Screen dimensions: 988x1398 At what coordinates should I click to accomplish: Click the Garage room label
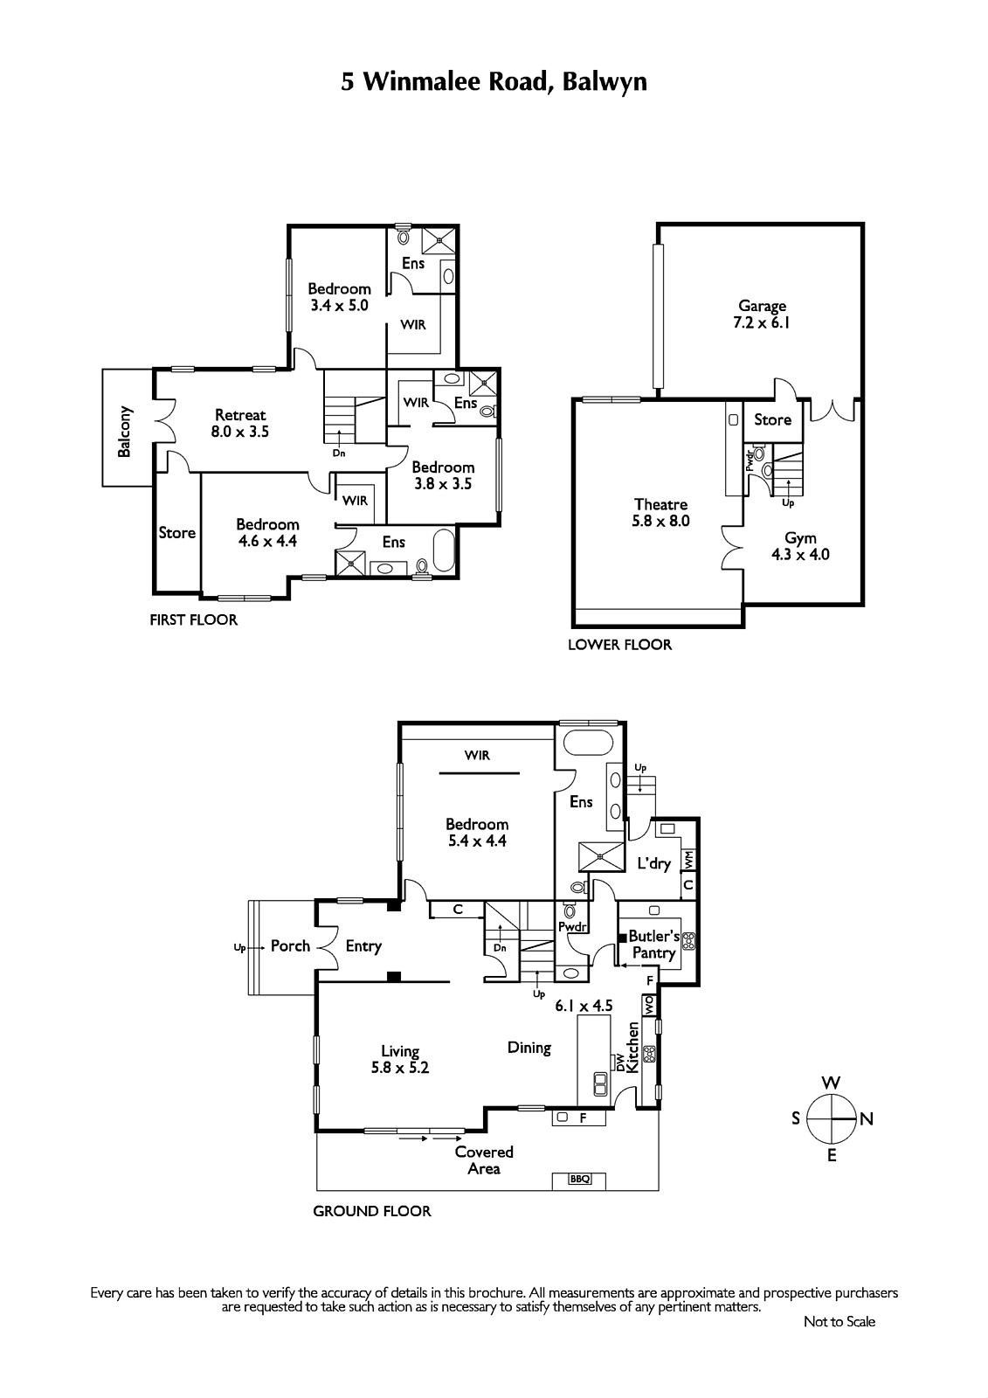[762, 306]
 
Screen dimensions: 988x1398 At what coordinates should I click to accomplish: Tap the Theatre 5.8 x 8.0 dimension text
[660, 521]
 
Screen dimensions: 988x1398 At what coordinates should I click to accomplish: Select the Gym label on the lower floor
[800, 538]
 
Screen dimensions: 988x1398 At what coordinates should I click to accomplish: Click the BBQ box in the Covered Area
[580, 1179]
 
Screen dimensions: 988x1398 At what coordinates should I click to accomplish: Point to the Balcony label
[124, 432]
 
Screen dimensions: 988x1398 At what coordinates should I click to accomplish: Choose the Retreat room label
[240, 414]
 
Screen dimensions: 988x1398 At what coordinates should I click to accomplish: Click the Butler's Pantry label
[653, 945]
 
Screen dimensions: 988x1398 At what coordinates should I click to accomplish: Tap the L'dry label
[653, 864]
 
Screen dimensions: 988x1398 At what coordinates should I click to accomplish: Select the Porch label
[290, 945]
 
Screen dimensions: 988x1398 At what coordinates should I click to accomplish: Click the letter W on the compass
[831, 1083]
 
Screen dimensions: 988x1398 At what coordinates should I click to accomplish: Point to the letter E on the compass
[832, 1155]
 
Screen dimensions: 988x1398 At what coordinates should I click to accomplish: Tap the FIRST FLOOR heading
[193, 619]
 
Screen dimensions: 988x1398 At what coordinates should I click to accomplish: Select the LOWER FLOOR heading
[619, 645]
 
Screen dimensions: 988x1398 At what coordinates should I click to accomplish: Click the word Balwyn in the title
[605, 82]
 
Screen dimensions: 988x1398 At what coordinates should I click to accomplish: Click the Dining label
[529, 1048]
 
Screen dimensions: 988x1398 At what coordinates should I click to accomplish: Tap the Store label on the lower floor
[773, 419]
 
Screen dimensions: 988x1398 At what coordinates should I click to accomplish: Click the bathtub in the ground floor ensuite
[589, 744]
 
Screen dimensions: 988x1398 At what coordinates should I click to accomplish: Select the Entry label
[363, 946]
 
